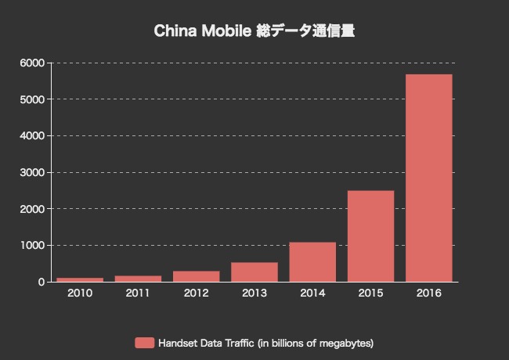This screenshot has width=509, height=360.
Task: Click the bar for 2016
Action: pos(429,178)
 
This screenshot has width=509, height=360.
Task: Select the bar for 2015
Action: pos(370,236)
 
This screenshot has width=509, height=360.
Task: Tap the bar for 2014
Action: pos(312,262)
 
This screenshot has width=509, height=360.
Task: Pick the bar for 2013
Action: pos(254,272)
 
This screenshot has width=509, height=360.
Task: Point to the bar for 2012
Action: pos(197,276)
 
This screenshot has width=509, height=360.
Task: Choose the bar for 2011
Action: pos(138,279)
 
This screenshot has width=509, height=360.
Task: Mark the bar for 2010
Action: pos(80,279)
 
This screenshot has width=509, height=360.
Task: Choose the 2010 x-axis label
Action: pos(80,294)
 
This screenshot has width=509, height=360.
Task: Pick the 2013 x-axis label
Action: pos(254,294)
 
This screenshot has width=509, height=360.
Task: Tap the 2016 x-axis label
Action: pos(429,294)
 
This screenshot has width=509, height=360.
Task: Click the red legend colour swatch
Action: pos(144,343)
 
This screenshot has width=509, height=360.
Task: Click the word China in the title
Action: pos(172,32)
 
